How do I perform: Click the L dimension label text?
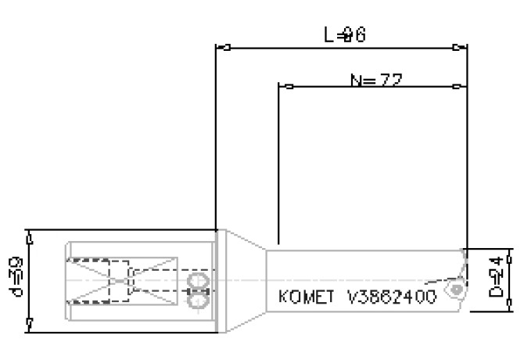[345, 35]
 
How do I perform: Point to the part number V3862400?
[391, 298]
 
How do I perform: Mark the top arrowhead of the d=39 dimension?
[29, 236]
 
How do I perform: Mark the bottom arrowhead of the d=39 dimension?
[29, 324]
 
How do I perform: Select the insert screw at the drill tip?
[454, 290]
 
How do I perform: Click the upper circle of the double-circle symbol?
[199, 281]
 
